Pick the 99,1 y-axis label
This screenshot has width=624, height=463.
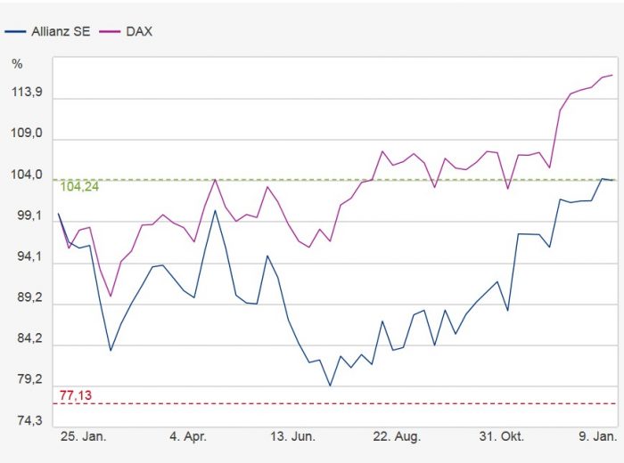32,216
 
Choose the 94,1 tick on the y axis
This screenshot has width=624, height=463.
32,257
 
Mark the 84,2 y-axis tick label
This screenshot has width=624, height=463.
32,339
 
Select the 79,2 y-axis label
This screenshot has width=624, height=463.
32,380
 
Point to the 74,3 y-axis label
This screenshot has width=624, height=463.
32,421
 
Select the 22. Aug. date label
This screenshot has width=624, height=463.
397,437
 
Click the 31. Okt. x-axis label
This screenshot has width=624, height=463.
502,437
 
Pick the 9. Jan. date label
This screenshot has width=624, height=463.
594,437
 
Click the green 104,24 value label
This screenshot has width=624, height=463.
79,187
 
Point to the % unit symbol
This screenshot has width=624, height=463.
17,63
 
